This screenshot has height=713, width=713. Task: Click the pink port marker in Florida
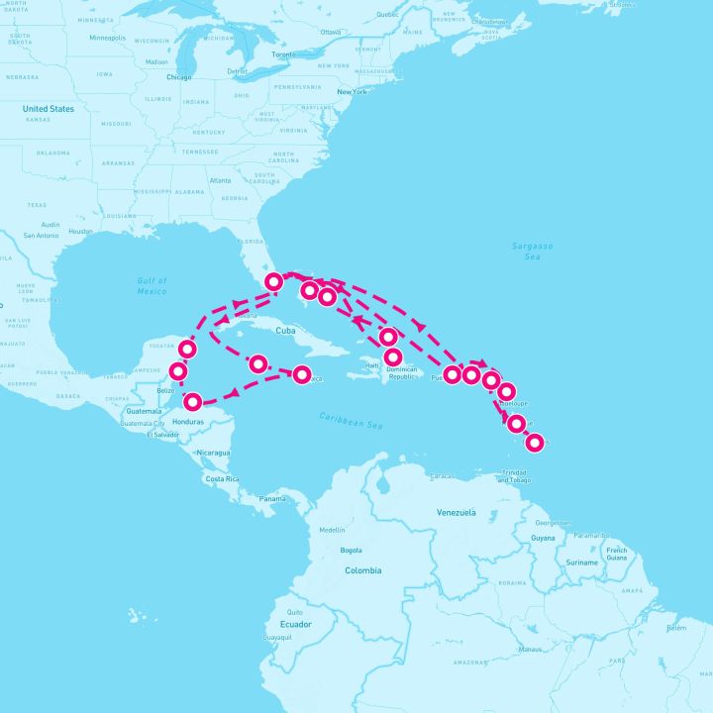coord(274,282)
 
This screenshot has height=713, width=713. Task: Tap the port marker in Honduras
coord(192,402)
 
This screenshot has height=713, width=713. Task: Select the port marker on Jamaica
coord(302,374)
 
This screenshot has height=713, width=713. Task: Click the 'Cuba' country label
coord(286,331)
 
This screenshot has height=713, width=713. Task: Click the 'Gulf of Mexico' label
coord(152,286)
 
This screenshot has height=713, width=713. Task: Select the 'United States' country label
coord(49,109)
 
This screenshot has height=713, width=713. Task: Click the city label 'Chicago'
coord(179,76)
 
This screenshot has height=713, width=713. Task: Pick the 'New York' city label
coord(352,92)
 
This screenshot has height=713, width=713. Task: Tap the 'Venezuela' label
coord(456,512)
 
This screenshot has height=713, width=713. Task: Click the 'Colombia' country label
coord(362,570)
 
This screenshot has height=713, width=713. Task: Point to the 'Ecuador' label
coord(295,624)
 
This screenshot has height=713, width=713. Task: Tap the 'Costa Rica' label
coord(224,478)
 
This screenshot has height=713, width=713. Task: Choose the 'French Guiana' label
coord(616,554)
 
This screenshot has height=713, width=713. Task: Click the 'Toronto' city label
coord(283,54)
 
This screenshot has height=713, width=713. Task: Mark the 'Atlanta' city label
coord(220,180)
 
